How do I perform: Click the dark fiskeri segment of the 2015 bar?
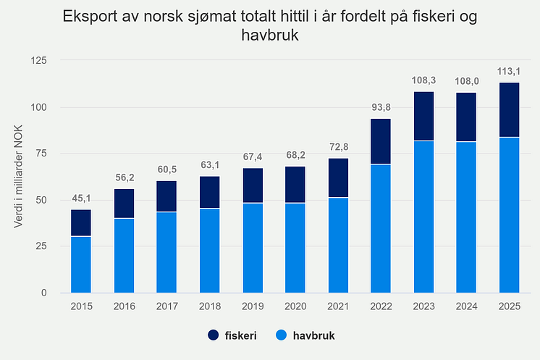81,223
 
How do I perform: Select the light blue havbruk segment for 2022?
381,229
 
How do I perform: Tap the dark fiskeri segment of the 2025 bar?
509,110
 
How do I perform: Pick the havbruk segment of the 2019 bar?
253,248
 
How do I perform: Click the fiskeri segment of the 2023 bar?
423,116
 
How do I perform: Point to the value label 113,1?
509,71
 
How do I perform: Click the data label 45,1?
81,198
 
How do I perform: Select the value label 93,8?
381,107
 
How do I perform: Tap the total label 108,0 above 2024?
467,81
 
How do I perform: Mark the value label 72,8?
339,147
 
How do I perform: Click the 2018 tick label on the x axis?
210,306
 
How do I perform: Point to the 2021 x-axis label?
338,306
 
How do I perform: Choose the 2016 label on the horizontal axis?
125,306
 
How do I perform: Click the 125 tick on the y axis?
38,61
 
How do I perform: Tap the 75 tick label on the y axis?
41,154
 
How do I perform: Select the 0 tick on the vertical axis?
43,293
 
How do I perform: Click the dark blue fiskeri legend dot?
213,335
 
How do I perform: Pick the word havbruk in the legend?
313,335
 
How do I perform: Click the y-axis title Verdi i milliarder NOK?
18,177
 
